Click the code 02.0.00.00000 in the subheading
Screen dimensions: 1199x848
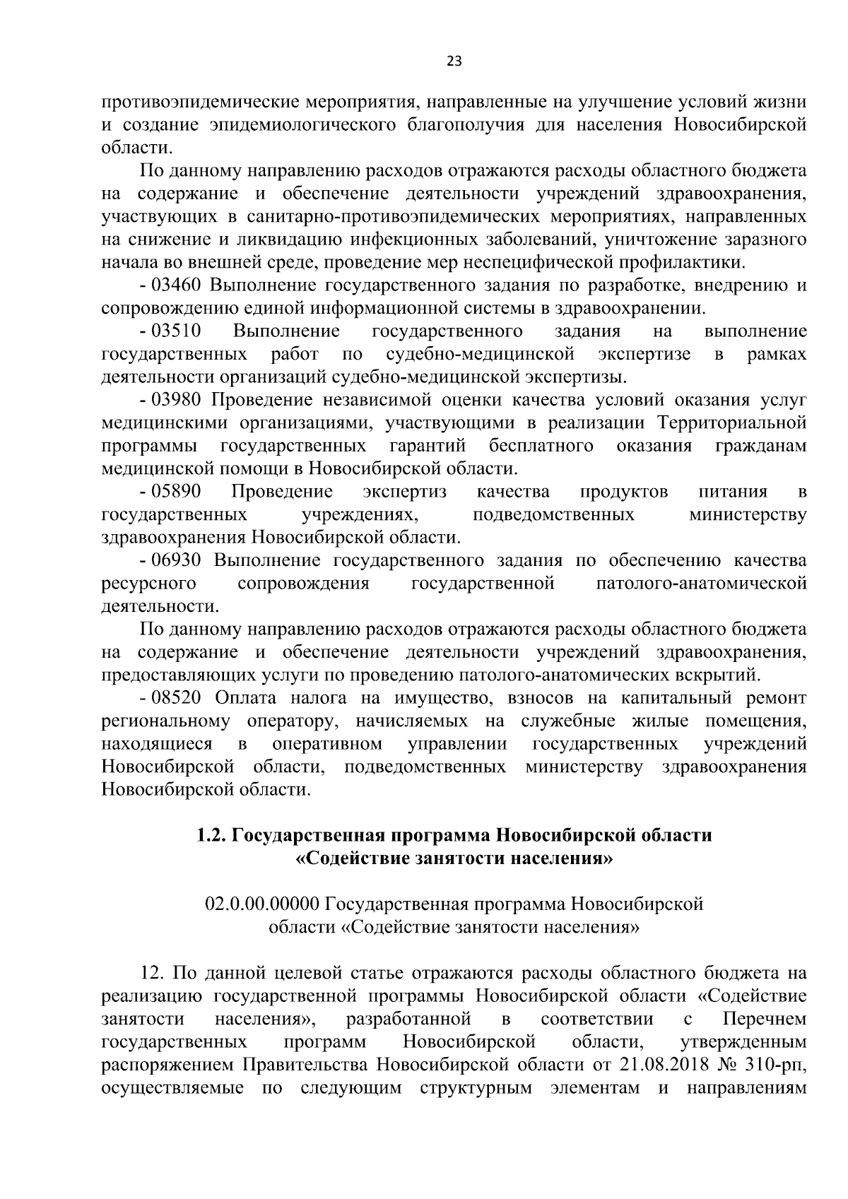[263, 904]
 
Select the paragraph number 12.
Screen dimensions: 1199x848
[153, 973]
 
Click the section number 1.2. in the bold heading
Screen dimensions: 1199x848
[211, 835]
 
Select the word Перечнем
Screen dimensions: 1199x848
[765, 1019]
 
